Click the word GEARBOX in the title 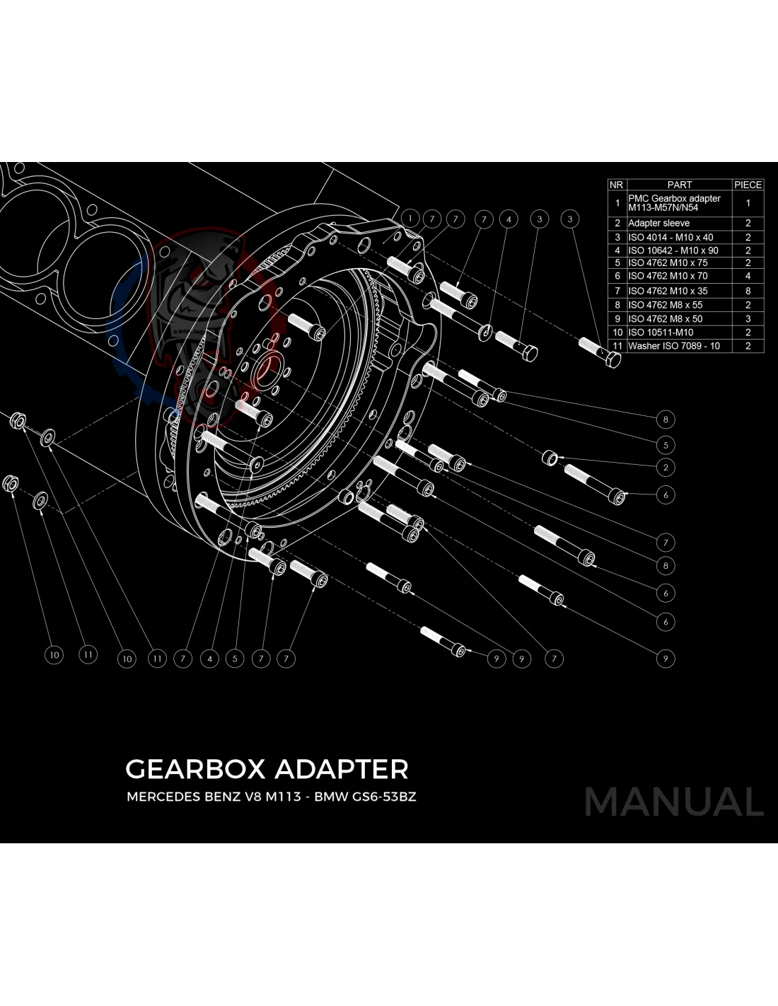click(x=195, y=769)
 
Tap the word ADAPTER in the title click(x=341, y=769)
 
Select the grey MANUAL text click(x=673, y=802)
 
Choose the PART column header click(x=679, y=185)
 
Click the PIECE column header click(x=748, y=185)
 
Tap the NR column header click(x=616, y=185)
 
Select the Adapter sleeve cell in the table click(x=658, y=223)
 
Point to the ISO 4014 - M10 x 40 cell click(x=670, y=237)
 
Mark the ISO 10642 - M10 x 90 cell click(x=673, y=250)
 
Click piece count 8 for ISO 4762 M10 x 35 click(x=748, y=291)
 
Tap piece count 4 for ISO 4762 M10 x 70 click(x=748, y=276)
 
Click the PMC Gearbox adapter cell click(x=674, y=203)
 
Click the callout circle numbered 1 click(x=410, y=218)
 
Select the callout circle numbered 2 click(x=665, y=467)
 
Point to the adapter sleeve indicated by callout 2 click(x=550, y=457)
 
